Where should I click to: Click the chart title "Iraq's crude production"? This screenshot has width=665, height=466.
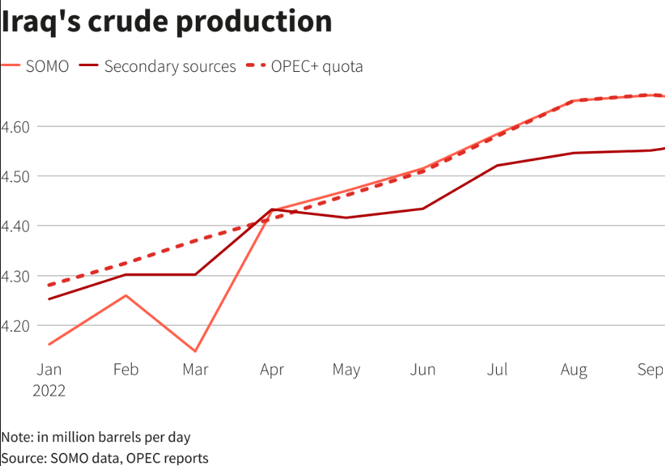coord(166,22)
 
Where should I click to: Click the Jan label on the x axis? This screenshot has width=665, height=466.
coord(49,369)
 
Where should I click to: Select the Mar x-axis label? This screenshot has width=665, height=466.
coord(195,369)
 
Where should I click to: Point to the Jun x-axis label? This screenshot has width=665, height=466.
coord(423,369)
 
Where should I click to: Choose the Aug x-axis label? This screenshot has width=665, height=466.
coord(574,369)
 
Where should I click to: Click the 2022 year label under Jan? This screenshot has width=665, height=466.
coord(49,391)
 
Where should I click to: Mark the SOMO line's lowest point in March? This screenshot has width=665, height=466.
coord(195,351)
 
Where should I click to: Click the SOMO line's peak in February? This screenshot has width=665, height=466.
coord(126,295)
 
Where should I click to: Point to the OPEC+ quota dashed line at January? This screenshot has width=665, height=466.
coord(49,285)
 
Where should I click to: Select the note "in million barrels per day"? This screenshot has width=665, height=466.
coord(96,437)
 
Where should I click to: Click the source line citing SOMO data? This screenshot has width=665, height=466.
coord(104,457)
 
